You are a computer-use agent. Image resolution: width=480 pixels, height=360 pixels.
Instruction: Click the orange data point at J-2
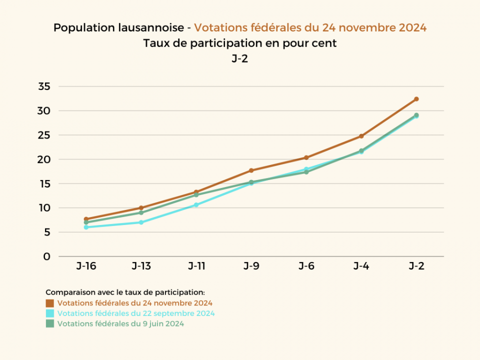click(x=416, y=99)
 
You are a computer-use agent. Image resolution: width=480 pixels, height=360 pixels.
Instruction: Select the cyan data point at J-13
click(x=141, y=222)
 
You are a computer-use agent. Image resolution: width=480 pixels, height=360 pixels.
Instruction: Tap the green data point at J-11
click(x=196, y=195)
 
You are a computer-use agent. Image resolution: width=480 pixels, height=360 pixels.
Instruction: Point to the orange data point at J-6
click(x=306, y=157)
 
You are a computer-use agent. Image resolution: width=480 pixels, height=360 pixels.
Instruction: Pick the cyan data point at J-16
click(x=86, y=227)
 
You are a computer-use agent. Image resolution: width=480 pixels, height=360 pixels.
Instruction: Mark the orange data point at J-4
click(x=361, y=136)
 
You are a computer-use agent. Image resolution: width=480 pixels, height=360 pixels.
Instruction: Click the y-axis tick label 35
click(x=44, y=86)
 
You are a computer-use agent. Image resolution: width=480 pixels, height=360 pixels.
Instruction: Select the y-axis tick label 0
click(x=47, y=256)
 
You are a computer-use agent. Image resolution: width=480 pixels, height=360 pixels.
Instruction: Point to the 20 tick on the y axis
click(x=44, y=159)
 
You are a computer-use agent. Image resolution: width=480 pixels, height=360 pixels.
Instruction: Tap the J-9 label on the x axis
click(x=251, y=266)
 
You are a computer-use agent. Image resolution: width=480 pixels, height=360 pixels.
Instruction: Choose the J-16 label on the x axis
click(x=86, y=266)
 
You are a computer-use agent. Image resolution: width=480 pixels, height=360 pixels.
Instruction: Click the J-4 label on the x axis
click(x=361, y=266)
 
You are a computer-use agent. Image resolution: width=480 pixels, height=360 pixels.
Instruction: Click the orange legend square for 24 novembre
click(x=50, y=303)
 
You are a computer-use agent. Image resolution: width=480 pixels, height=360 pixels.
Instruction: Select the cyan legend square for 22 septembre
click(x=50, y=313)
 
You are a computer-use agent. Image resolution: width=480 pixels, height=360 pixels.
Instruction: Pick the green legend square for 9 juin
click(x=50, y=323)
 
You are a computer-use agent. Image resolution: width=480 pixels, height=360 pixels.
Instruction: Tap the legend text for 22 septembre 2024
click(x=136, y=313)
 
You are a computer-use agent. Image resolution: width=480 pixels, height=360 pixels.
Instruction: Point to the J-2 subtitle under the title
click(x=240, y=58)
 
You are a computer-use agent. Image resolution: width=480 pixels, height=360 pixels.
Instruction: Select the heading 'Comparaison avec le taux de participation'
click(x=125, y=292)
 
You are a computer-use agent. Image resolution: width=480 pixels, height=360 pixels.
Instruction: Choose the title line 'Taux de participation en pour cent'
click(x=240, y=43)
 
